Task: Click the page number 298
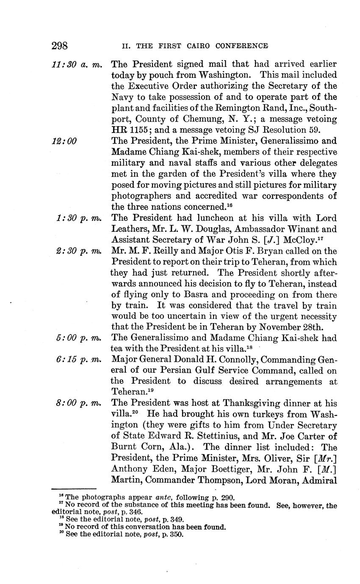[60, 46]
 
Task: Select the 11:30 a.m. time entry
[77, 64]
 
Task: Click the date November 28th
[280, 327]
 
